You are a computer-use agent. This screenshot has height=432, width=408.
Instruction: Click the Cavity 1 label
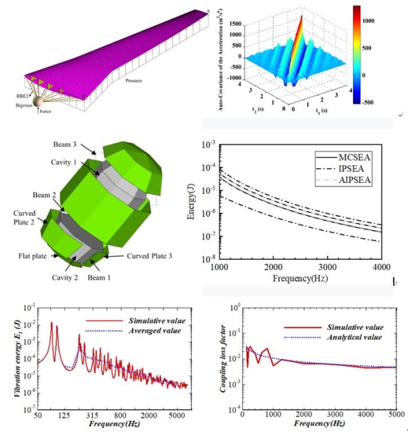[x=80, y=162]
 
